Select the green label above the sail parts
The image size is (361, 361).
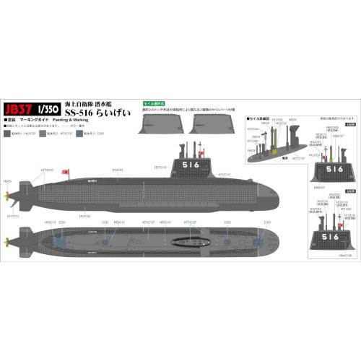pyautogui.click(x=157, y=104)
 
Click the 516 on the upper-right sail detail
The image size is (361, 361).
pyautogui.click(x=334, y=169)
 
